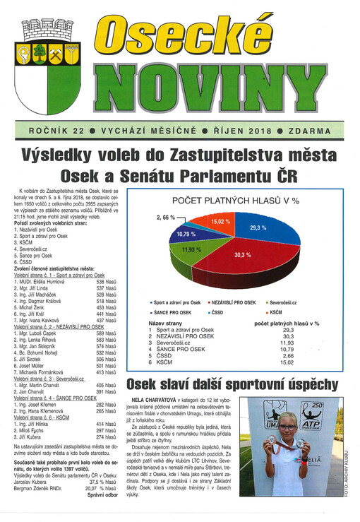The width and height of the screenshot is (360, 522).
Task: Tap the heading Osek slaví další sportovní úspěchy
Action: (232, 385)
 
